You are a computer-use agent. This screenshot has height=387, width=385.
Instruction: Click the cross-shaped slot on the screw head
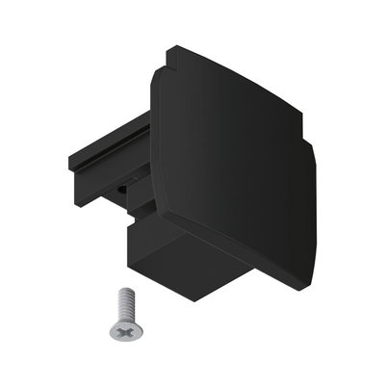pos(124,328)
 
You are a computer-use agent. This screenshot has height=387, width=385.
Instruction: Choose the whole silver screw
pos(121,316)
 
